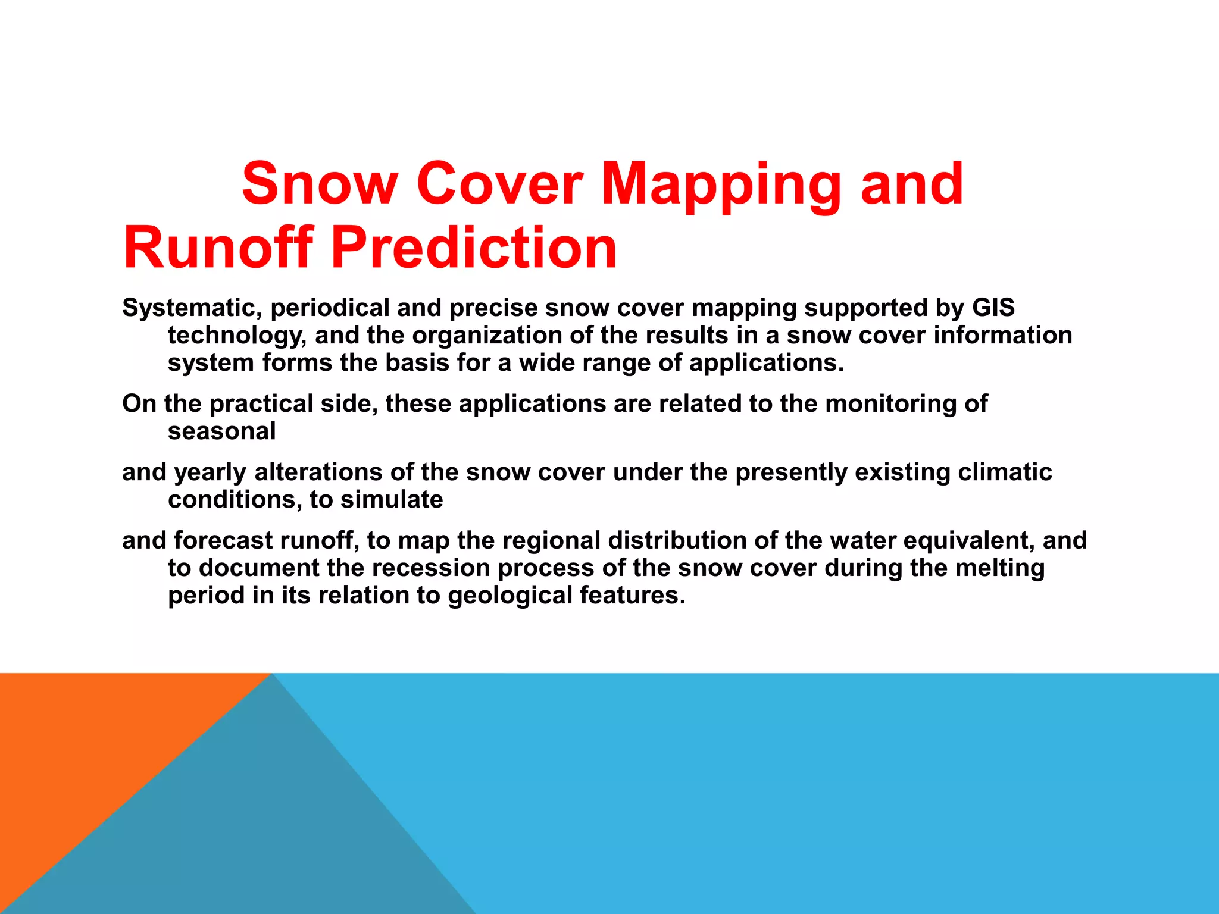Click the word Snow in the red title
pos(320,184)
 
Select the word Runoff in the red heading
pos(218,248)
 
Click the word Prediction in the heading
pos(474,248)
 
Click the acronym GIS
pos(993,308)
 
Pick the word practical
pos(261,404)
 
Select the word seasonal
pos(221,431)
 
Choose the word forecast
pos(223,541)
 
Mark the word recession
pos(431,568)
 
